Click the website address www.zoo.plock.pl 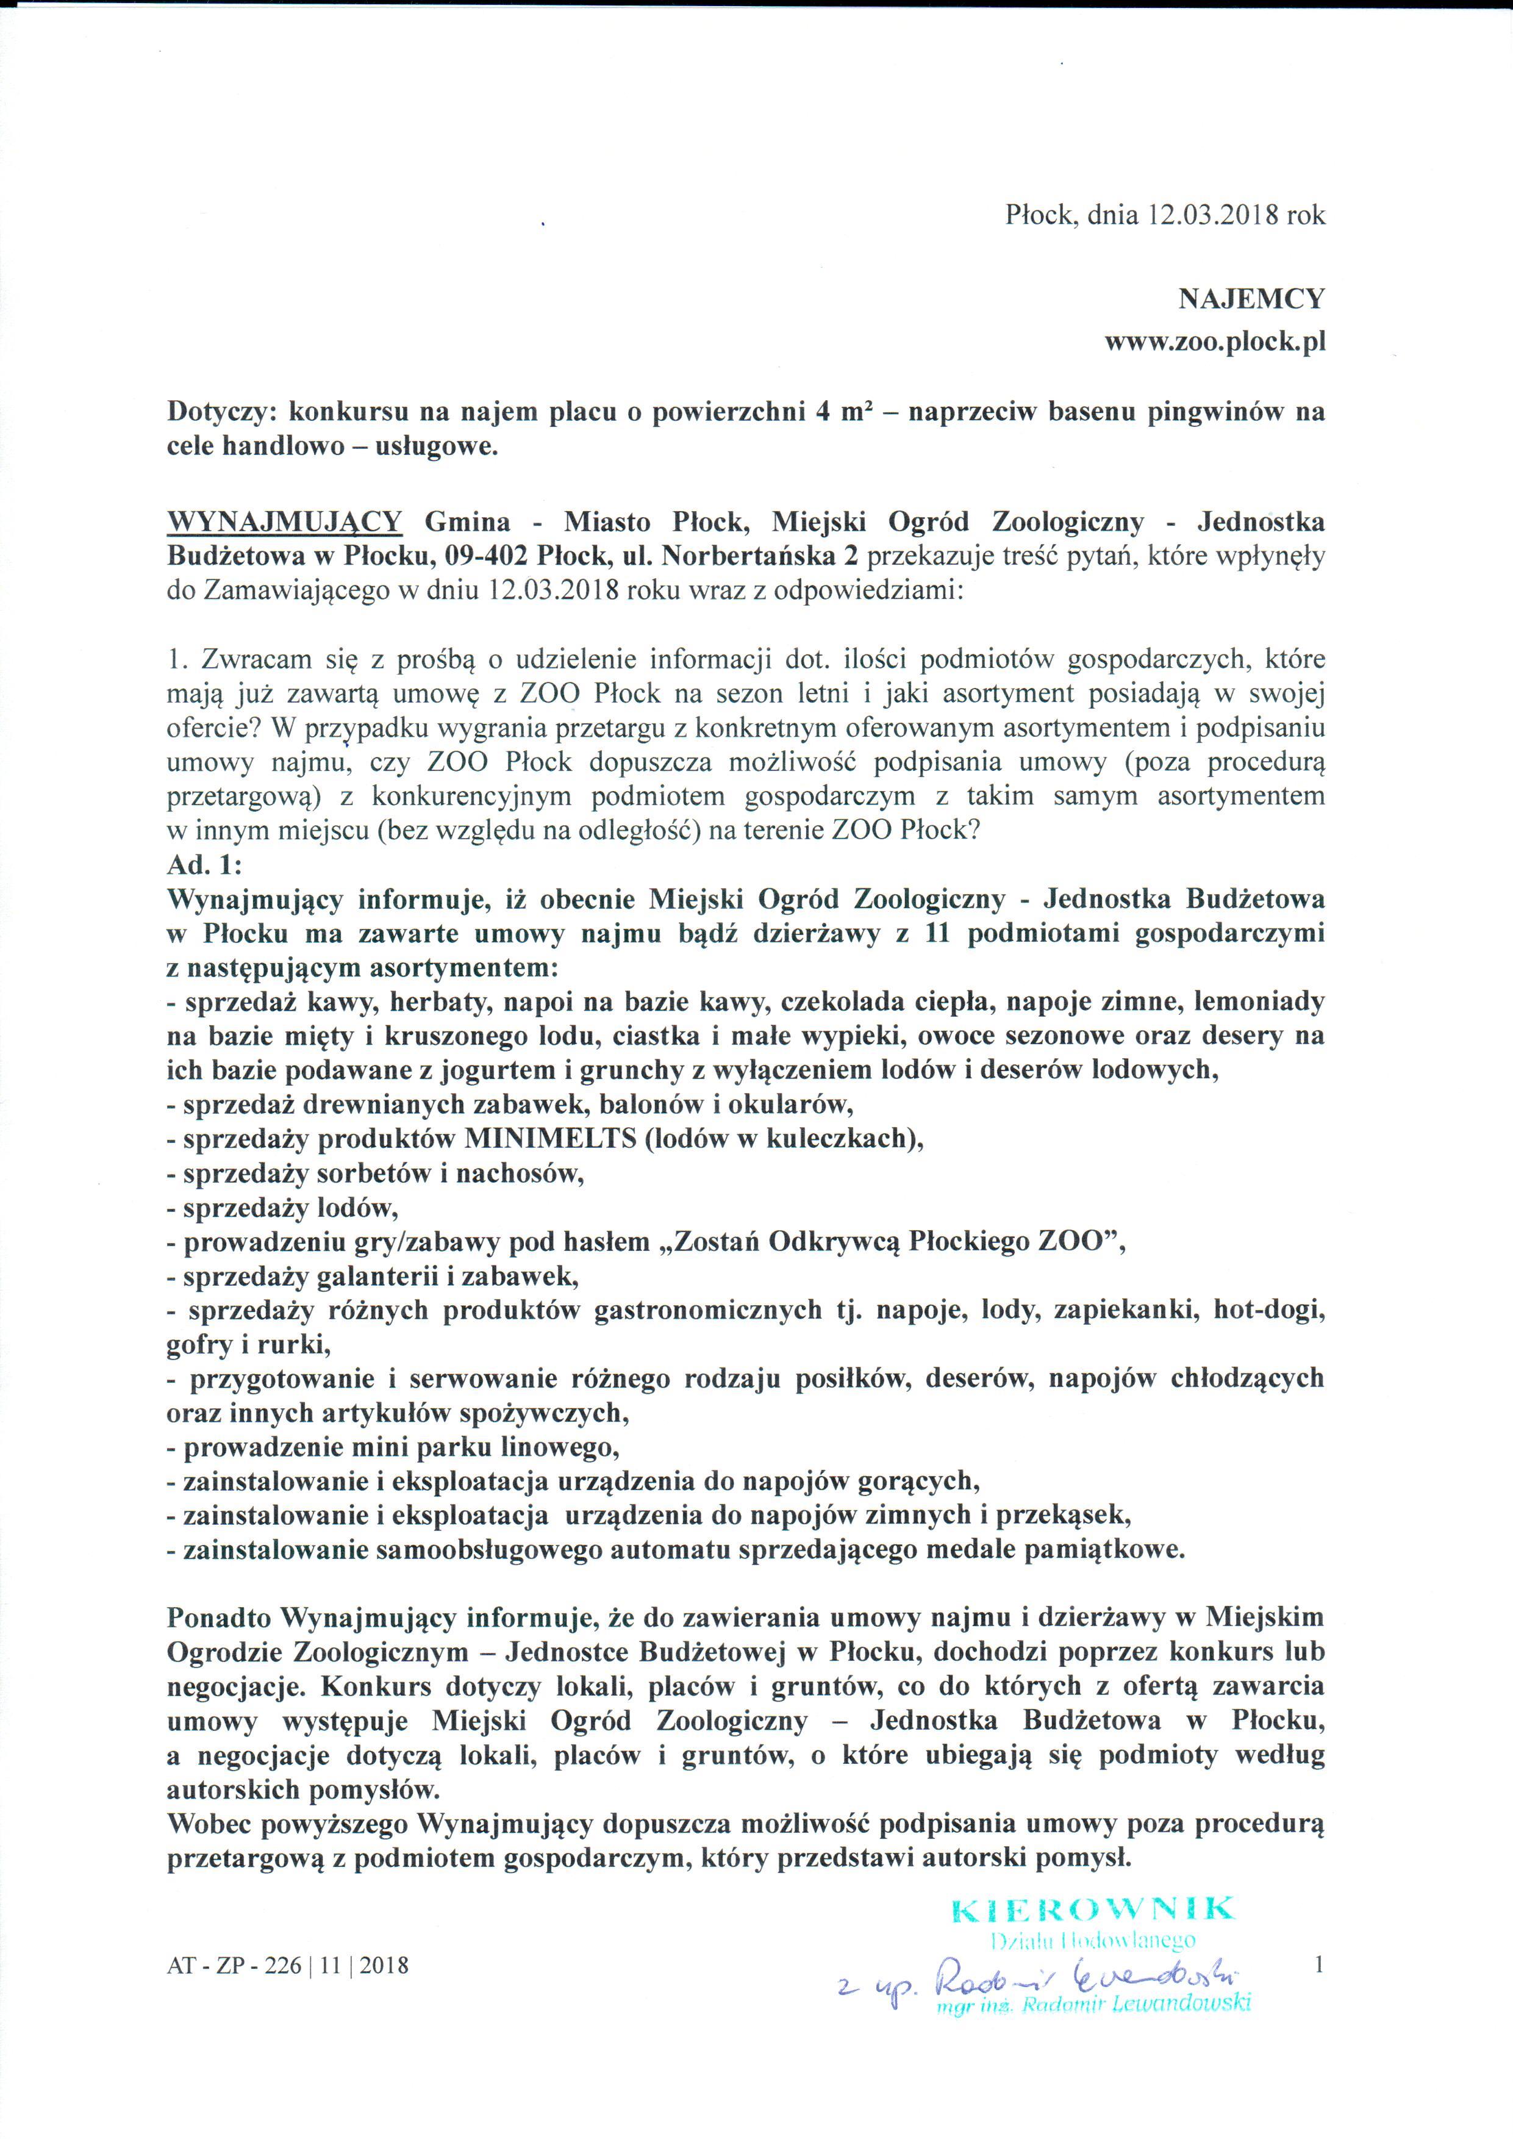tap(1214, 342)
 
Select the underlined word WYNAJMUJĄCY tap(284, 521)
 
